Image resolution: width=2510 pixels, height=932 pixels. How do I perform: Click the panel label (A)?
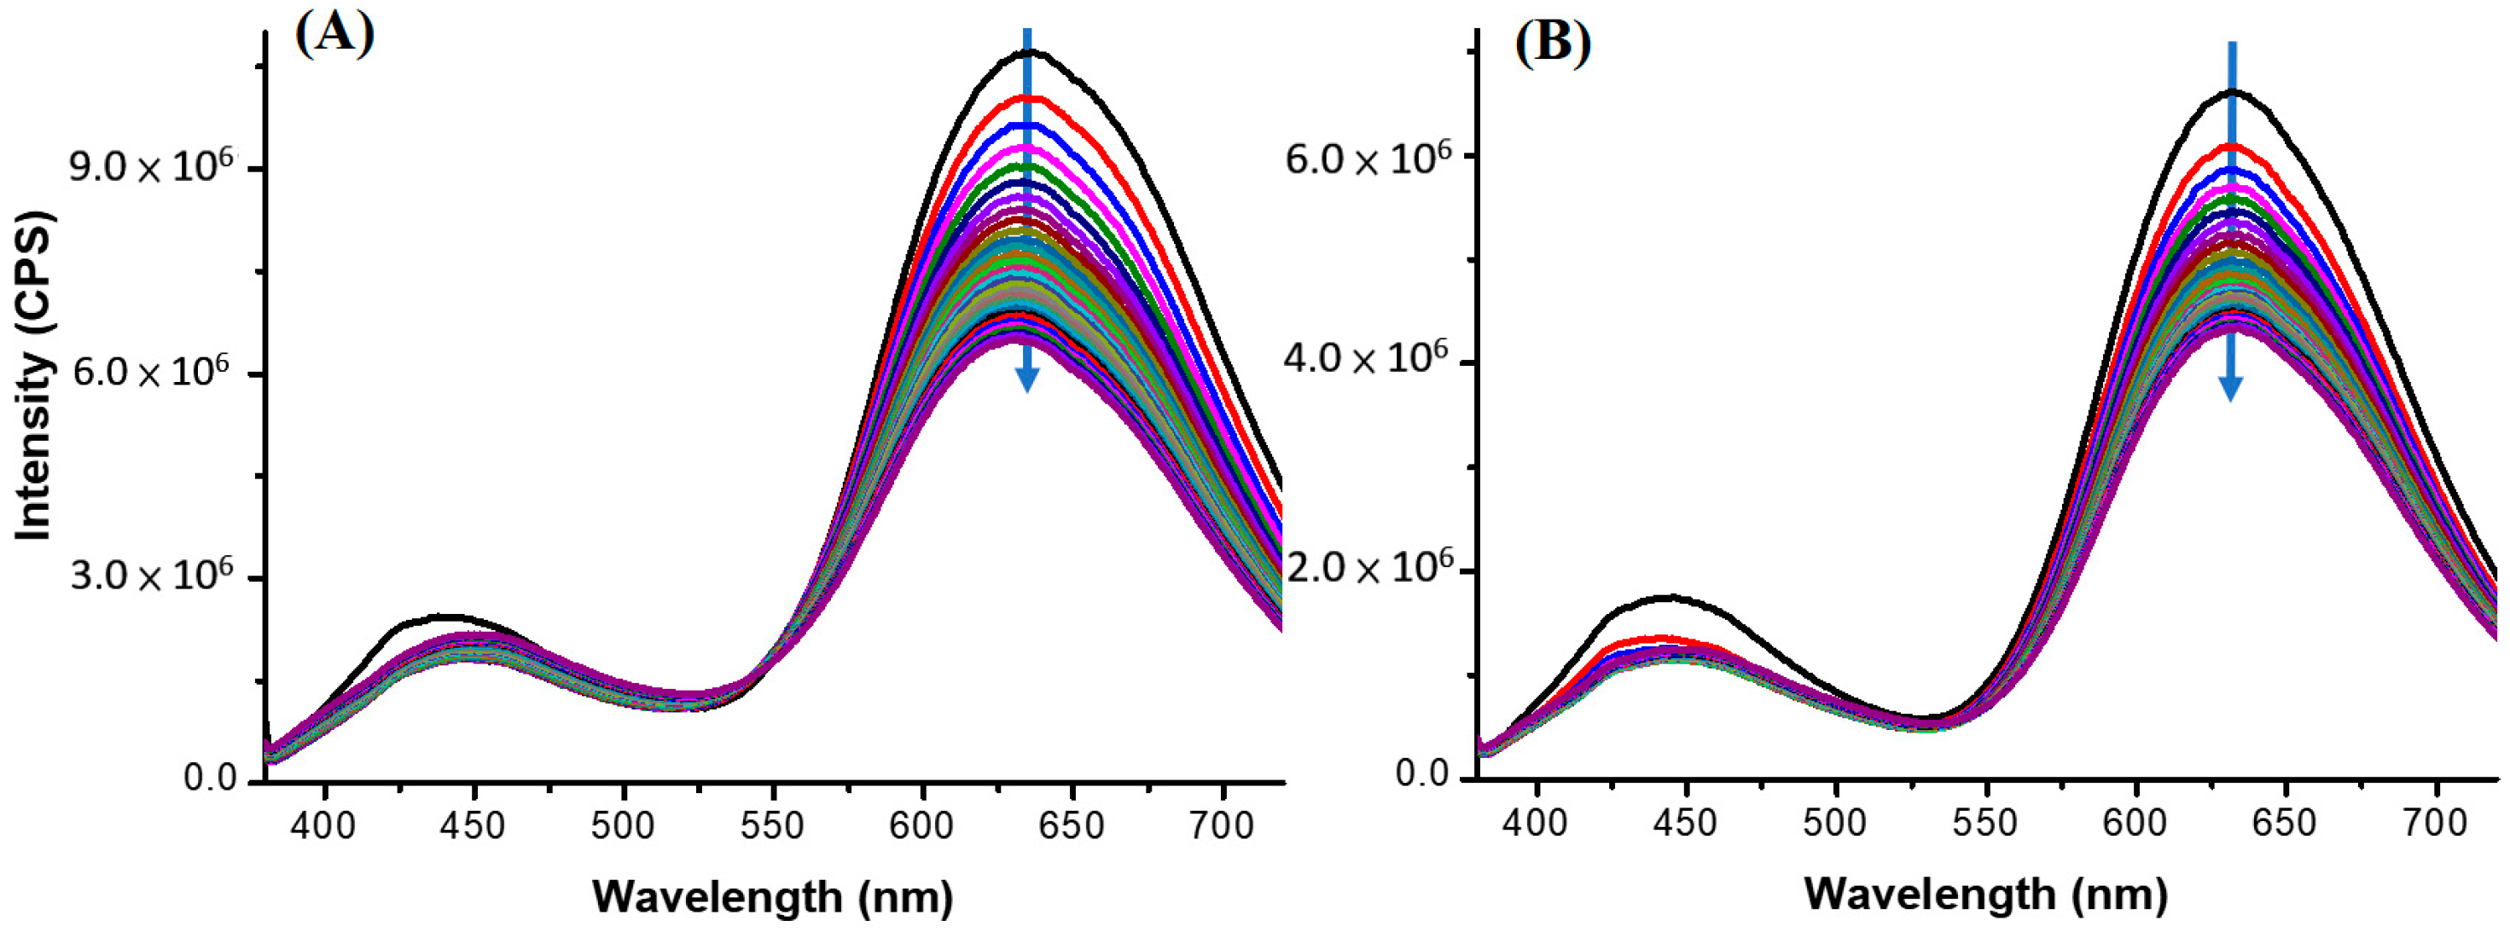(334, 36)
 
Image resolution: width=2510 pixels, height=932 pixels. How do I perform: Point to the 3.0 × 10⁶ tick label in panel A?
(150, 576)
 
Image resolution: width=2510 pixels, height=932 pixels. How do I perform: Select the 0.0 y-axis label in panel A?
(210, 779)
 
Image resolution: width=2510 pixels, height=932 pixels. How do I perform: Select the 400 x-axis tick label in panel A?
(325, 826)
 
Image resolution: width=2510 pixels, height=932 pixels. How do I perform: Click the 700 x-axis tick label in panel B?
(2435, 823)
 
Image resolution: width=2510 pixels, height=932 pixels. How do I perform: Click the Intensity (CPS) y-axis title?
(33, 375)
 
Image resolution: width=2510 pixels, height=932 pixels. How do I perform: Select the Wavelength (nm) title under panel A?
(772, 896)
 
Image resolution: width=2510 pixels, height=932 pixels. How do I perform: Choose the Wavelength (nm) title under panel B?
(1986, 894)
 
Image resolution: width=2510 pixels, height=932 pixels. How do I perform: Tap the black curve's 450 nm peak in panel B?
(1670, 597)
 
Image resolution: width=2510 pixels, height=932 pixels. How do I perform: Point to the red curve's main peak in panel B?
(2231, 146)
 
